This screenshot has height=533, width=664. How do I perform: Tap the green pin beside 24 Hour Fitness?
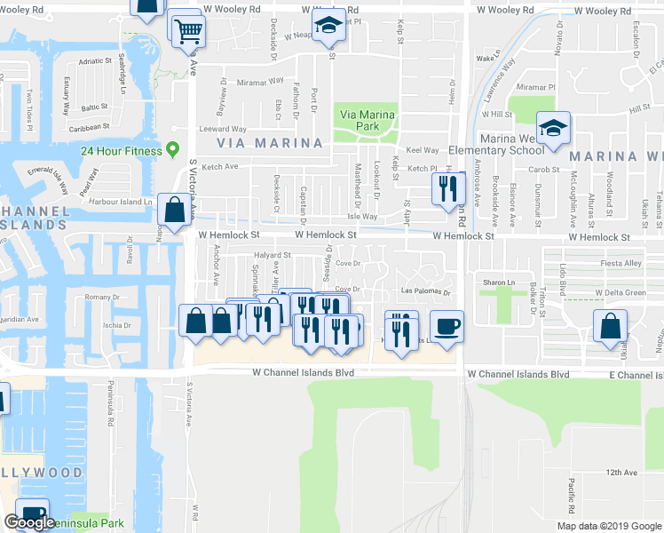point(172,149)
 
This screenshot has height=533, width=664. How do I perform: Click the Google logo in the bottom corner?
point(29,522)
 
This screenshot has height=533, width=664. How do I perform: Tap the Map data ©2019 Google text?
point(608,526)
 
